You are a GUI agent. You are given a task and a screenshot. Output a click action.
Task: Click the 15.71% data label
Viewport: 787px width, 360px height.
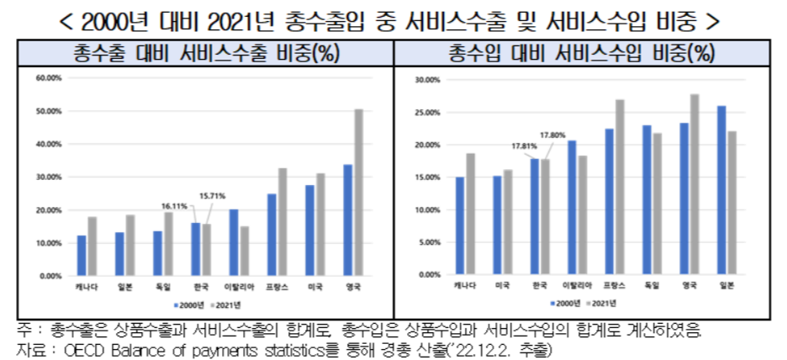coord(213,196)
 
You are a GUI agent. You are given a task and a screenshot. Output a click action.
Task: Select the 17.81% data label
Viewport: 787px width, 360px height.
coord(525,146)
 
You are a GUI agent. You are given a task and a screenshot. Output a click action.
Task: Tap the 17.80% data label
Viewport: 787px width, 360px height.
coord(552,135)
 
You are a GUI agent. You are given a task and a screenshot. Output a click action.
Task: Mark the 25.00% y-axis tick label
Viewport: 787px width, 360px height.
coord(429,113)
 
